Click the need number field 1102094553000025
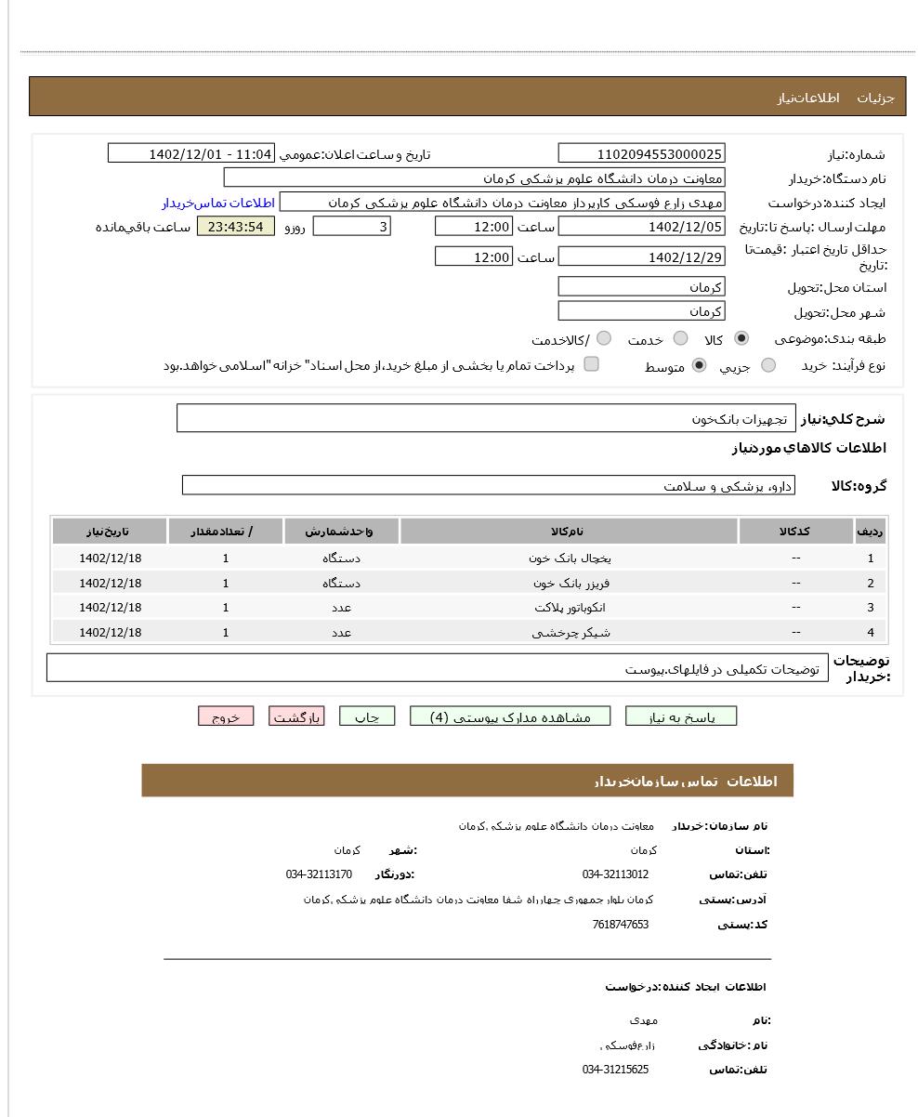641,154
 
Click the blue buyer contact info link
218,203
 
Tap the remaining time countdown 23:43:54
236,227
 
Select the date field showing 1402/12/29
641,257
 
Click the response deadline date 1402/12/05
641,227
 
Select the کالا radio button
741,339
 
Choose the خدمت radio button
681,339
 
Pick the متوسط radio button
700,366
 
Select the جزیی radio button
768,366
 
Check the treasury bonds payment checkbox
591,365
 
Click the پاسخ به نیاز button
681,716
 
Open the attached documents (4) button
510,716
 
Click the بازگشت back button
296,716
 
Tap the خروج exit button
226,716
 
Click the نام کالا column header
569,532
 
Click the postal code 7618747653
620,925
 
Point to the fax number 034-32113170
319,874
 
